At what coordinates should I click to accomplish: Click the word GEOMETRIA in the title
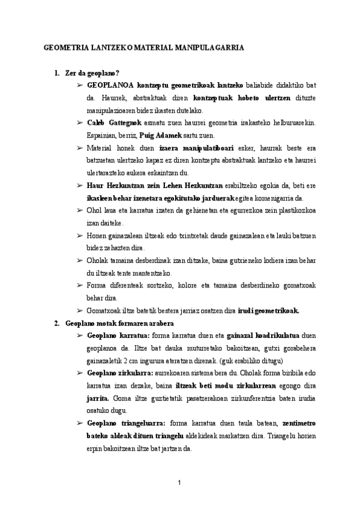coord(65,47)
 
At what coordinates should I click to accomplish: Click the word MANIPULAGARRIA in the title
coord(208,47)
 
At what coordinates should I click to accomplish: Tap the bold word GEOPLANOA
coord(110,86)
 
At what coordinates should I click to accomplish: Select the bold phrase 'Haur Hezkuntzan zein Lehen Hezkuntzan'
coord(155,185)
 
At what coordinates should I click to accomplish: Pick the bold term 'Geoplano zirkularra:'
coord(121,373)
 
